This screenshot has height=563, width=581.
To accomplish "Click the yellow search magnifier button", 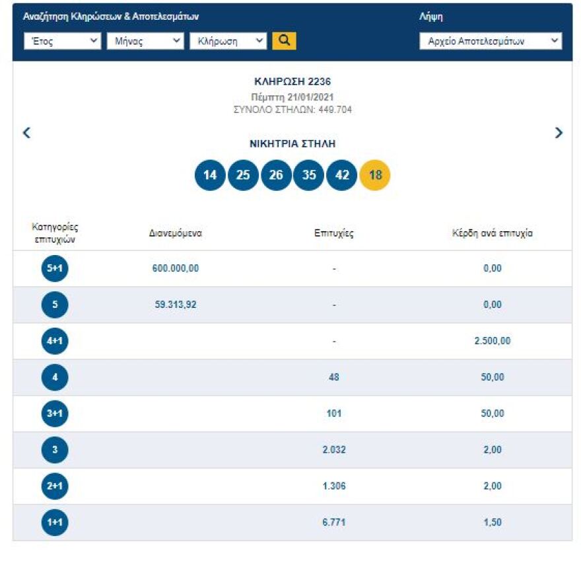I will [x=284, y=40].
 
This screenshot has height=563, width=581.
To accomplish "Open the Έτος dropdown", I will [x=62, y=41].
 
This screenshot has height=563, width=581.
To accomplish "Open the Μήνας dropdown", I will [x=145, y=41].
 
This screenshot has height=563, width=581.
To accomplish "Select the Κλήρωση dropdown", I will [x=228, y=41].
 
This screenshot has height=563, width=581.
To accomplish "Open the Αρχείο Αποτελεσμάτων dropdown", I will [x=491, y=41].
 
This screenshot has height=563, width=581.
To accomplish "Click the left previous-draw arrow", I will [x=27, y=133].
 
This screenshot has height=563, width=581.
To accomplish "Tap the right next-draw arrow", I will [x=559, y=133].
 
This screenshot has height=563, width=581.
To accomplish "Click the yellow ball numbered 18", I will [x=375, y=175].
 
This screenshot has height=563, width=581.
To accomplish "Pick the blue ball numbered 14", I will [x=210, y=175].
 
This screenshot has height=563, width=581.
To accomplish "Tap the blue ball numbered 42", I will [x=342, y=175].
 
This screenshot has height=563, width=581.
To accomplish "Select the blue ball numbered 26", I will [x=276, y=175].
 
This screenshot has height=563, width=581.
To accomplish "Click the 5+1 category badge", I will [x=55, y=268].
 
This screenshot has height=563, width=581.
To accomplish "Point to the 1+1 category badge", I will [x=55, y=523].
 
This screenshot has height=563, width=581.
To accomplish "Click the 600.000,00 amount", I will [x=176, y=268].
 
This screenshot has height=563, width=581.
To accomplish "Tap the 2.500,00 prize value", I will [x=493, y=341].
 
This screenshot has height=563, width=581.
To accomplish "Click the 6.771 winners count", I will [x=334, y=523].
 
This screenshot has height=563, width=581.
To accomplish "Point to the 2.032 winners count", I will [x=334, y=450].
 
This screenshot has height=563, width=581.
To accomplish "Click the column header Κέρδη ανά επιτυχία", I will [x=493, y=233].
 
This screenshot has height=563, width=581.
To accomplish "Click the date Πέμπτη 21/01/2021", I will [x=292, y=97].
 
